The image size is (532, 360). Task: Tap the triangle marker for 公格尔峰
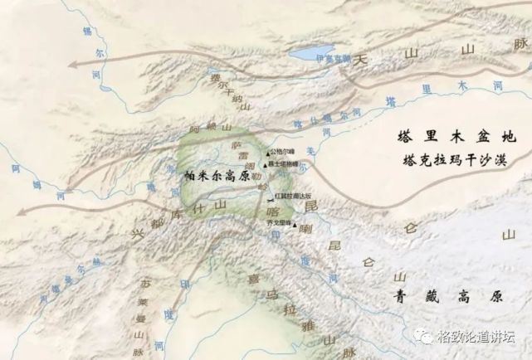pos(266,153)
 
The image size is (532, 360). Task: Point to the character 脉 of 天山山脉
pos(520,41)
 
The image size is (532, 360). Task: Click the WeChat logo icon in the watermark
pos(426,337)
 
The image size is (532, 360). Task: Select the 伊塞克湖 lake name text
pos(333,59)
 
